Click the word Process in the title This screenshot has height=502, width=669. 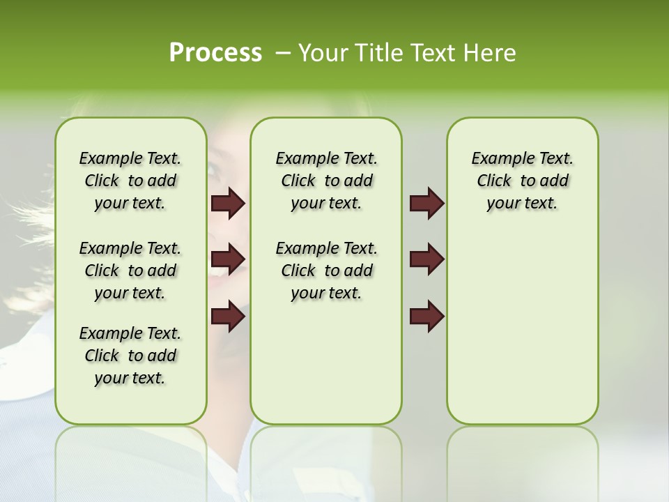(x=215, y=53)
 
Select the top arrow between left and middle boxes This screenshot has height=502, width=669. (x=228, y=204)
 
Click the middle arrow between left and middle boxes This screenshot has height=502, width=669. (x=228, y=259)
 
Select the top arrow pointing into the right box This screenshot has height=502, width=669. (x=426, y=204)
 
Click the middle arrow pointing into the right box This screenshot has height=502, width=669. (x=426, y=259)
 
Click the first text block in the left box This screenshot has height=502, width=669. (x=130, y=181)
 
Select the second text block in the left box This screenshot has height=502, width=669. (x=130, y=271)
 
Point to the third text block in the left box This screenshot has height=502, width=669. (x=130, y=356)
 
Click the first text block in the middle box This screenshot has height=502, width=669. (x=326, y=181)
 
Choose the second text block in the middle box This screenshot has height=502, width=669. (x=326, y=271)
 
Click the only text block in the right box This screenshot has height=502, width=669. (x=522, y=181)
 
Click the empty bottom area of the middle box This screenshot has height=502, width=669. (x=326, y=370)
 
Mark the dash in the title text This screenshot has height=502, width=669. (x=283, y=53)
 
